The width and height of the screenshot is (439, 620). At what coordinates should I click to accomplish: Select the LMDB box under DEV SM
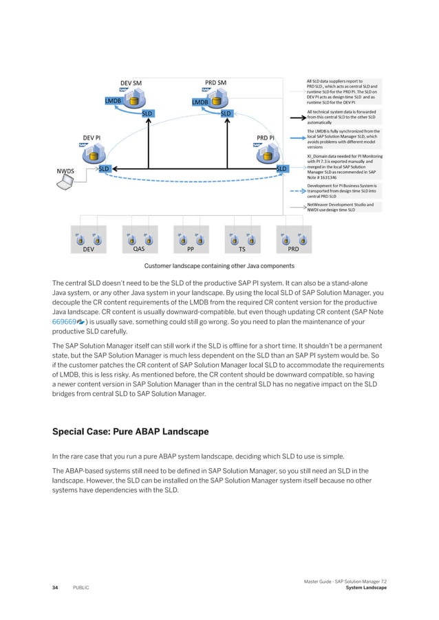click(113, 101)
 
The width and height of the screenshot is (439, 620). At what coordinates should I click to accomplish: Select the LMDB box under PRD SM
click(200, 102)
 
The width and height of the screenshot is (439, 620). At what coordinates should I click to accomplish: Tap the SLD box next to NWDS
click(105, 168)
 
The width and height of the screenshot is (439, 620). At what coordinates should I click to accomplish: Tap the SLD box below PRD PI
click(281, 168)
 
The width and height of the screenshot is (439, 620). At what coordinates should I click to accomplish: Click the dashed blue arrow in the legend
click(295, 190)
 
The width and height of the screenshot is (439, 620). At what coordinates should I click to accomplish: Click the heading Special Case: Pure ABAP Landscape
click(131, 433)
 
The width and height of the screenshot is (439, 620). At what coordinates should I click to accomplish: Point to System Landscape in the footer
click(367, 588)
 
